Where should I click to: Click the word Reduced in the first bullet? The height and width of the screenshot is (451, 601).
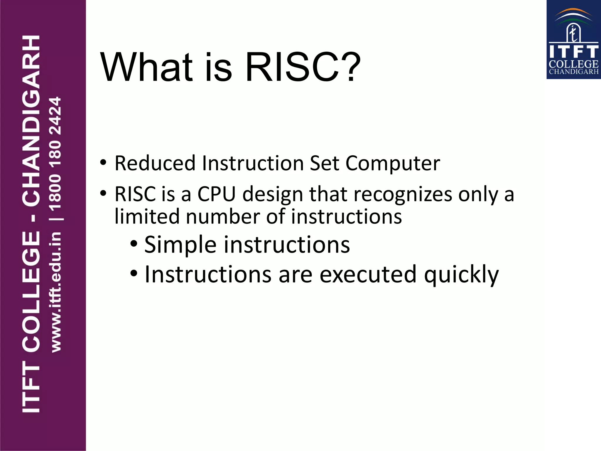(155, 163)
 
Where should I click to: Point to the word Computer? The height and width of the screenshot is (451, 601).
(393, 164)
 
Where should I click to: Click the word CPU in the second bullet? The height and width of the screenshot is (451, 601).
(217, 194)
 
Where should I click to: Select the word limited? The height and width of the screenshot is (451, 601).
(147, 216)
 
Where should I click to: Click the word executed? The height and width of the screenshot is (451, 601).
(368, 275)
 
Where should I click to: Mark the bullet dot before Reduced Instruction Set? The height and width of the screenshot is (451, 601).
(103, 162)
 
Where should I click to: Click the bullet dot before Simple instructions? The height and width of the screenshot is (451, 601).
(134, 243)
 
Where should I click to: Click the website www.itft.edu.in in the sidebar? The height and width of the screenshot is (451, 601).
(56, 292)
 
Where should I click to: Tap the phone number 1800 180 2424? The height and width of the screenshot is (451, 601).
(55, 154)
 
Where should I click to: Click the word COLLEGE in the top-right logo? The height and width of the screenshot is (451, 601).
(573, 64)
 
